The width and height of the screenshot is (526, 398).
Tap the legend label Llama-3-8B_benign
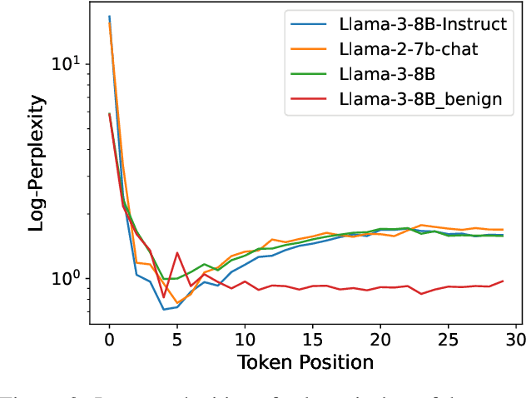coord(420,99)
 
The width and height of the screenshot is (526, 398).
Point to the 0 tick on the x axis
coord(109,340)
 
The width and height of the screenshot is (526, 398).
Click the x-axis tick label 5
coord(176,340)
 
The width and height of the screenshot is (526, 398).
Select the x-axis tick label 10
coord(245,340)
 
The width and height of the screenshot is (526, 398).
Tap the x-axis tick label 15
coord(312,340)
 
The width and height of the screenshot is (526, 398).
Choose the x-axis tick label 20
coord(380,340)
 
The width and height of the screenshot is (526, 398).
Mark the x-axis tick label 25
coord(448,340)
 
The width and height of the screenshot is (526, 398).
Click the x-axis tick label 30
coord(516,340)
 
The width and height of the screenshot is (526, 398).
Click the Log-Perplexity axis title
coord(37,163)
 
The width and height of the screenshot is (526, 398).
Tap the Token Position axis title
coord(305,362)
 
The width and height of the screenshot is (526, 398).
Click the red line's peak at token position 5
coord(176,252)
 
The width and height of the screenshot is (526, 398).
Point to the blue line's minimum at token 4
coord(163,310)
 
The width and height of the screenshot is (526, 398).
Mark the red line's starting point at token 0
coord(109,113)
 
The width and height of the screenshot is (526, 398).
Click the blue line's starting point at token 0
coord(109,16)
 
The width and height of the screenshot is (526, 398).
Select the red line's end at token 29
coord(503,281)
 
